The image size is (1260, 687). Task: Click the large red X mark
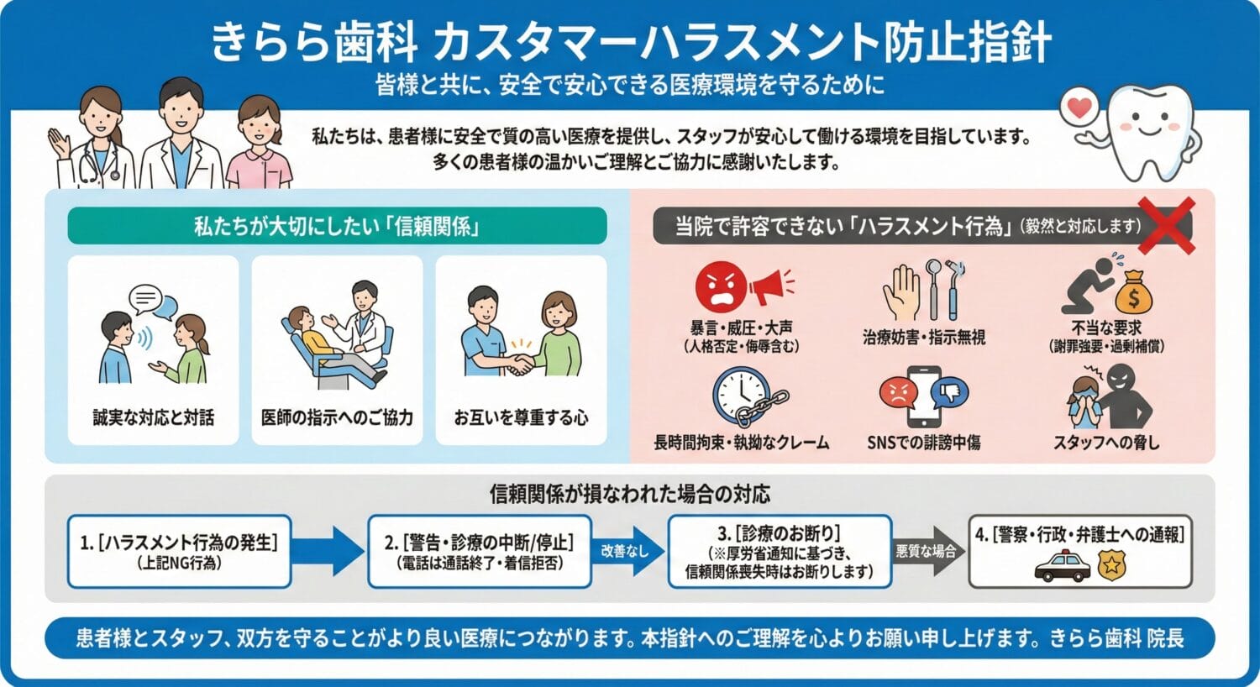click(x=1166, y=225)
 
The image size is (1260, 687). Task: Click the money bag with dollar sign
click(x=1133, y=291)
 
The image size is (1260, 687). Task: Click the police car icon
click(x=1062, y=567)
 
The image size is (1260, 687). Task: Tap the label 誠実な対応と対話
click(x=154, y=417)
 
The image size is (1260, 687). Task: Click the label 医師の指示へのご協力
click(x=337, y=417)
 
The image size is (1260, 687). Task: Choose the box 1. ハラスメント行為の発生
click(x=179, y=551)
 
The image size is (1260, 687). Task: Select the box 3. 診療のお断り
click(x=780, y=551)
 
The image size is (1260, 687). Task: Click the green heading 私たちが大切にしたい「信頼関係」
click(x=336, y=226)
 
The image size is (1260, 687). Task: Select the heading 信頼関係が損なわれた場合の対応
click(x=629, y=494)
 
